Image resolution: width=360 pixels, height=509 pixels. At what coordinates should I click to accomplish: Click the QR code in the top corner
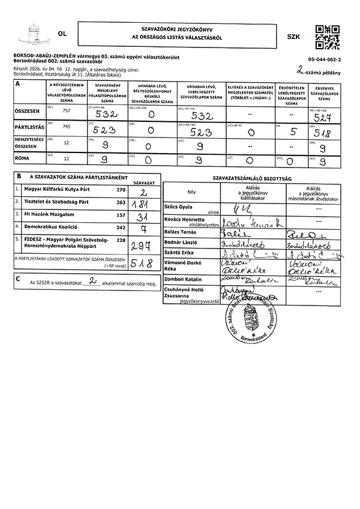click(x=327, y=37)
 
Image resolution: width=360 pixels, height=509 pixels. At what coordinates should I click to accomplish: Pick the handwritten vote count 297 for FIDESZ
click(x=142, y=245)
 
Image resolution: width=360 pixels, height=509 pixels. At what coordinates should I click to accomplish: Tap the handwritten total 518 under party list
click(x=142, y=263)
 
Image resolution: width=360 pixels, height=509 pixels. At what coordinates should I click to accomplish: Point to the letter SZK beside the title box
click(x=293, y=37)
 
